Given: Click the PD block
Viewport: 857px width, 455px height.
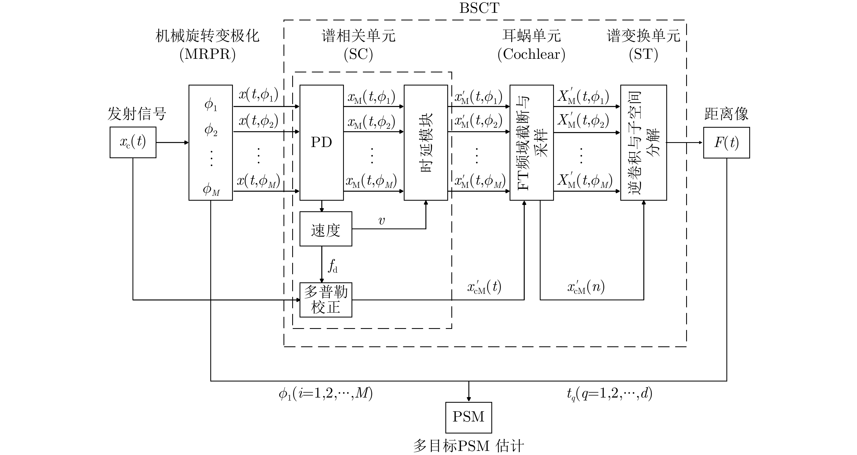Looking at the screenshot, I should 321,142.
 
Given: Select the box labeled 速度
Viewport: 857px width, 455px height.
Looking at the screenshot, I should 326,229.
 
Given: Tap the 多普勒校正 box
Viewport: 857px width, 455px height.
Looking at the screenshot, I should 326,300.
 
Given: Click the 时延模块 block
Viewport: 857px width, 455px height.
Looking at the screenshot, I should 426,142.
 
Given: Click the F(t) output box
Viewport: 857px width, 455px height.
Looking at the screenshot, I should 726,142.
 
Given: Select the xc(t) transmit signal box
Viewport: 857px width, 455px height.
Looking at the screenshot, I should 133,142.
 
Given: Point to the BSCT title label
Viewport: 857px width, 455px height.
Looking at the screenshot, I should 479,8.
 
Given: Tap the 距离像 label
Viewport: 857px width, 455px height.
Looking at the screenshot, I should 726,114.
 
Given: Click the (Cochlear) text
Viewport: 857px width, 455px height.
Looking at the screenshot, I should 531,54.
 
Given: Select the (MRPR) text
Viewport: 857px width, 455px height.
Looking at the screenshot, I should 208,54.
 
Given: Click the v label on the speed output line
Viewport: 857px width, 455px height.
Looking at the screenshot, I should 382,220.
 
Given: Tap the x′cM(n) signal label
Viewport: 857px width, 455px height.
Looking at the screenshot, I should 586,287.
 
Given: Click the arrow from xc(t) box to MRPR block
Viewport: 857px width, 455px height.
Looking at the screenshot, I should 172,142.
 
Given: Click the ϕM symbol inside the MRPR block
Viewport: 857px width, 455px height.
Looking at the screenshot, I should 211,190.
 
